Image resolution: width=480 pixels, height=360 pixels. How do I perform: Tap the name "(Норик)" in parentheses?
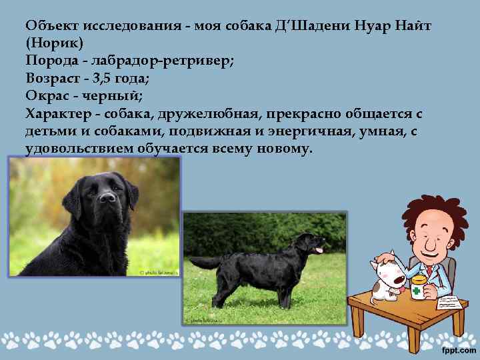55,44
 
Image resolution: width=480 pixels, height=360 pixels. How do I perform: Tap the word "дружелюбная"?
214,113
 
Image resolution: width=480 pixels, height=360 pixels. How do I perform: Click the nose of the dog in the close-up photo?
107,198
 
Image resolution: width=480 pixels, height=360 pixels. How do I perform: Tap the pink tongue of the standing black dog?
319,251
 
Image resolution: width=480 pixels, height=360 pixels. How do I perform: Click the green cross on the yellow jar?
417,291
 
